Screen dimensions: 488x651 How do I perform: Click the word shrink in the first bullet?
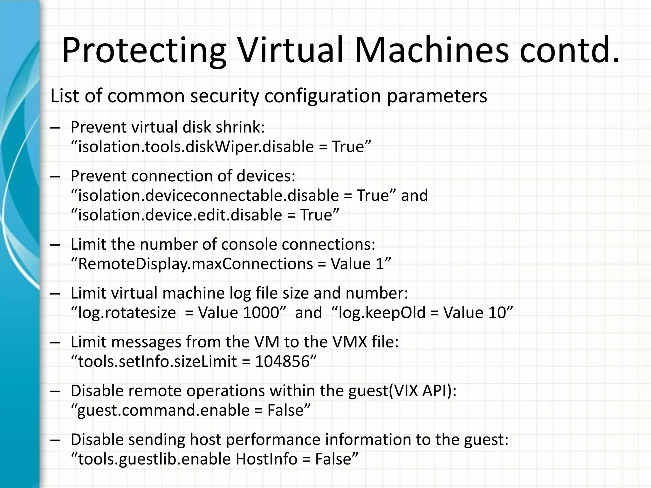[x=238, y=127]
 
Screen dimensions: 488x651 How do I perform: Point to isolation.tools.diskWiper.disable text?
[x=196, y=147]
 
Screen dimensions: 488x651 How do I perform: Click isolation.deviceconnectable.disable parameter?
[x=208, y=196]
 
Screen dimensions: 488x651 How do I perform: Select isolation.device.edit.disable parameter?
[x=180, y=215]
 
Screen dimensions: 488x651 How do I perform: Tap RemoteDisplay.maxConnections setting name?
[x=195, y=264]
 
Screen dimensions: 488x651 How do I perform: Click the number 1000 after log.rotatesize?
[x=261, y=313]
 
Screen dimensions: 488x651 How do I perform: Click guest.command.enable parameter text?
[x=163, y=410]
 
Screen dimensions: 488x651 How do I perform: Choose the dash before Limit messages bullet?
[x=55, y=343]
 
